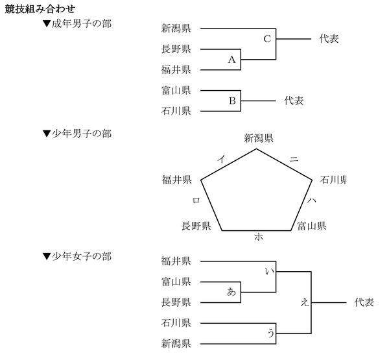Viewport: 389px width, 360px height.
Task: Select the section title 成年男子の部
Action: click(77, 24)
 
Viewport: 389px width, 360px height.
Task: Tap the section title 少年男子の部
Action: click(77, 133)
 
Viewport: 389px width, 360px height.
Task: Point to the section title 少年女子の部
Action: click(77, 256)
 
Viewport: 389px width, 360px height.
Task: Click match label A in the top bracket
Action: click(231, 60)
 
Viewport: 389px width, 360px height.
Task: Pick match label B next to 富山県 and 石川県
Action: click(231, 101)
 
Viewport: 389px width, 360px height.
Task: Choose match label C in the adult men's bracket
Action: click(266, 39)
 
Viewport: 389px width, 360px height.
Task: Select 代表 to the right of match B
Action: click(294, 101)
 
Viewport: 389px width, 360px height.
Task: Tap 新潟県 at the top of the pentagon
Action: click(258, 138)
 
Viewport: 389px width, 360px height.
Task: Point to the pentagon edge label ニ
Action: click(294, 158)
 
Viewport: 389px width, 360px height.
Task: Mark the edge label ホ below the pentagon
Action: click(258, 237)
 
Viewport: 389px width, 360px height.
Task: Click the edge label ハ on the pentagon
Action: click(312, 201)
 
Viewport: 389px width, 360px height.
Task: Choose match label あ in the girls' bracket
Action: click(231, 292)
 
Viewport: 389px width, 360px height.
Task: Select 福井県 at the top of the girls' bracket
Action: click(176, 261)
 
